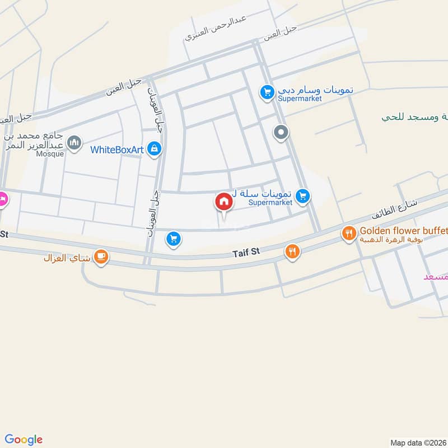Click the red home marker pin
223,202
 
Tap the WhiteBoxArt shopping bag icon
155,149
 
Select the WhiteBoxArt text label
118,150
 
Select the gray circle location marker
281,133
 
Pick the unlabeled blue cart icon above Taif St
174,240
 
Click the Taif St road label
247,253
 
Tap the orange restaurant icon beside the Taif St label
292,252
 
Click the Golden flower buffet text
403,230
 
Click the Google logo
24,439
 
